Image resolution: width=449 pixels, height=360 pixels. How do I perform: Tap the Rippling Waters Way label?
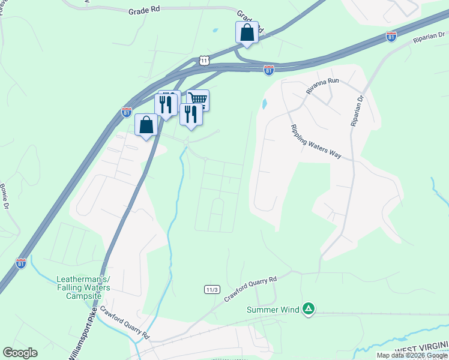tap(316, 142)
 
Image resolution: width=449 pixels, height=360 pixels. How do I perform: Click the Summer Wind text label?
tap(273, 310)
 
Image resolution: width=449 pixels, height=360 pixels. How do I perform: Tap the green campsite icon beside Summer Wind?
tap(308, 309)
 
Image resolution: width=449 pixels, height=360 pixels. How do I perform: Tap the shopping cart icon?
tap(198, 99)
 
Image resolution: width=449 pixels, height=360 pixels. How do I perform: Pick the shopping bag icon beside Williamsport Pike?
tap(146, 125)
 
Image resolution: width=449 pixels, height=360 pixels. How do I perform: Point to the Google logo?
tap(20, 353)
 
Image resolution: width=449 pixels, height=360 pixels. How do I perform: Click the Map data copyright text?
tap(412, 355)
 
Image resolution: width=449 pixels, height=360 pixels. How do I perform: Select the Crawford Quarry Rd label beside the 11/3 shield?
tap(251, 289)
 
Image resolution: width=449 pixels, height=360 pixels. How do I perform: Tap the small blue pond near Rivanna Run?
tap(264, 104)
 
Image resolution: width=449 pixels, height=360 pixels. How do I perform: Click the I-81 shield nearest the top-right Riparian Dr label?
tap(391, 37)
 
